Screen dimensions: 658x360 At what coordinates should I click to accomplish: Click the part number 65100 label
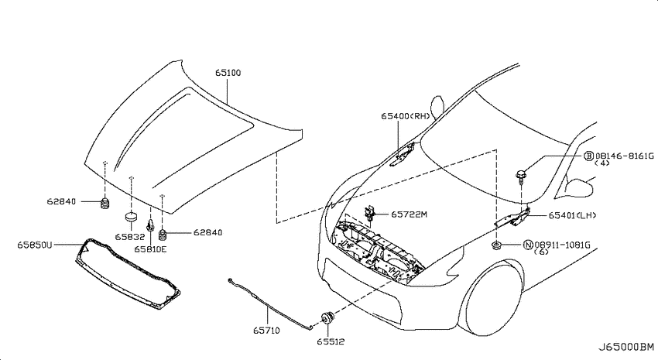point(228,73)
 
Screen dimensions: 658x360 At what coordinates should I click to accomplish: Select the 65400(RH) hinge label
point(406,116)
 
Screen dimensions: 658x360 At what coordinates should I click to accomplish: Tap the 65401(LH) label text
point(572,215)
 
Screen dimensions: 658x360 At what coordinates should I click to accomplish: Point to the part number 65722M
point(409,214)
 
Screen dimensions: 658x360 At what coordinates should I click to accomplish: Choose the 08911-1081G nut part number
point(562,245)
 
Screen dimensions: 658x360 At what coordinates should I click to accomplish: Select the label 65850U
point(35,245)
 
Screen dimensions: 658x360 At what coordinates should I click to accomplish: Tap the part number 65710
point(266,331)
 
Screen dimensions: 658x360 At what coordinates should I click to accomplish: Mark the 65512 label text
point(331,341)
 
